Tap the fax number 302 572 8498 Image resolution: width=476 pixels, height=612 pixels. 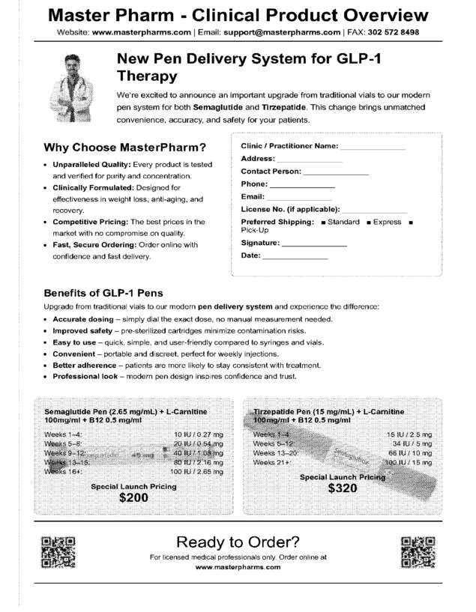388,33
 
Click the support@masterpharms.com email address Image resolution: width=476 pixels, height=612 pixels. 282,33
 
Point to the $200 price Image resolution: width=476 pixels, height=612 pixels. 133,497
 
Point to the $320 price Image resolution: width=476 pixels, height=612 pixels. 342,488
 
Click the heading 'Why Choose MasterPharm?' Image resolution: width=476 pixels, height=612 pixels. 124,147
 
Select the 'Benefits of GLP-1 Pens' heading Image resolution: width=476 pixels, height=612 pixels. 103,293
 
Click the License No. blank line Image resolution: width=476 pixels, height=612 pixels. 375,211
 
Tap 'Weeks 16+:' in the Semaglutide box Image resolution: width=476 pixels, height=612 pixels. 64,472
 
